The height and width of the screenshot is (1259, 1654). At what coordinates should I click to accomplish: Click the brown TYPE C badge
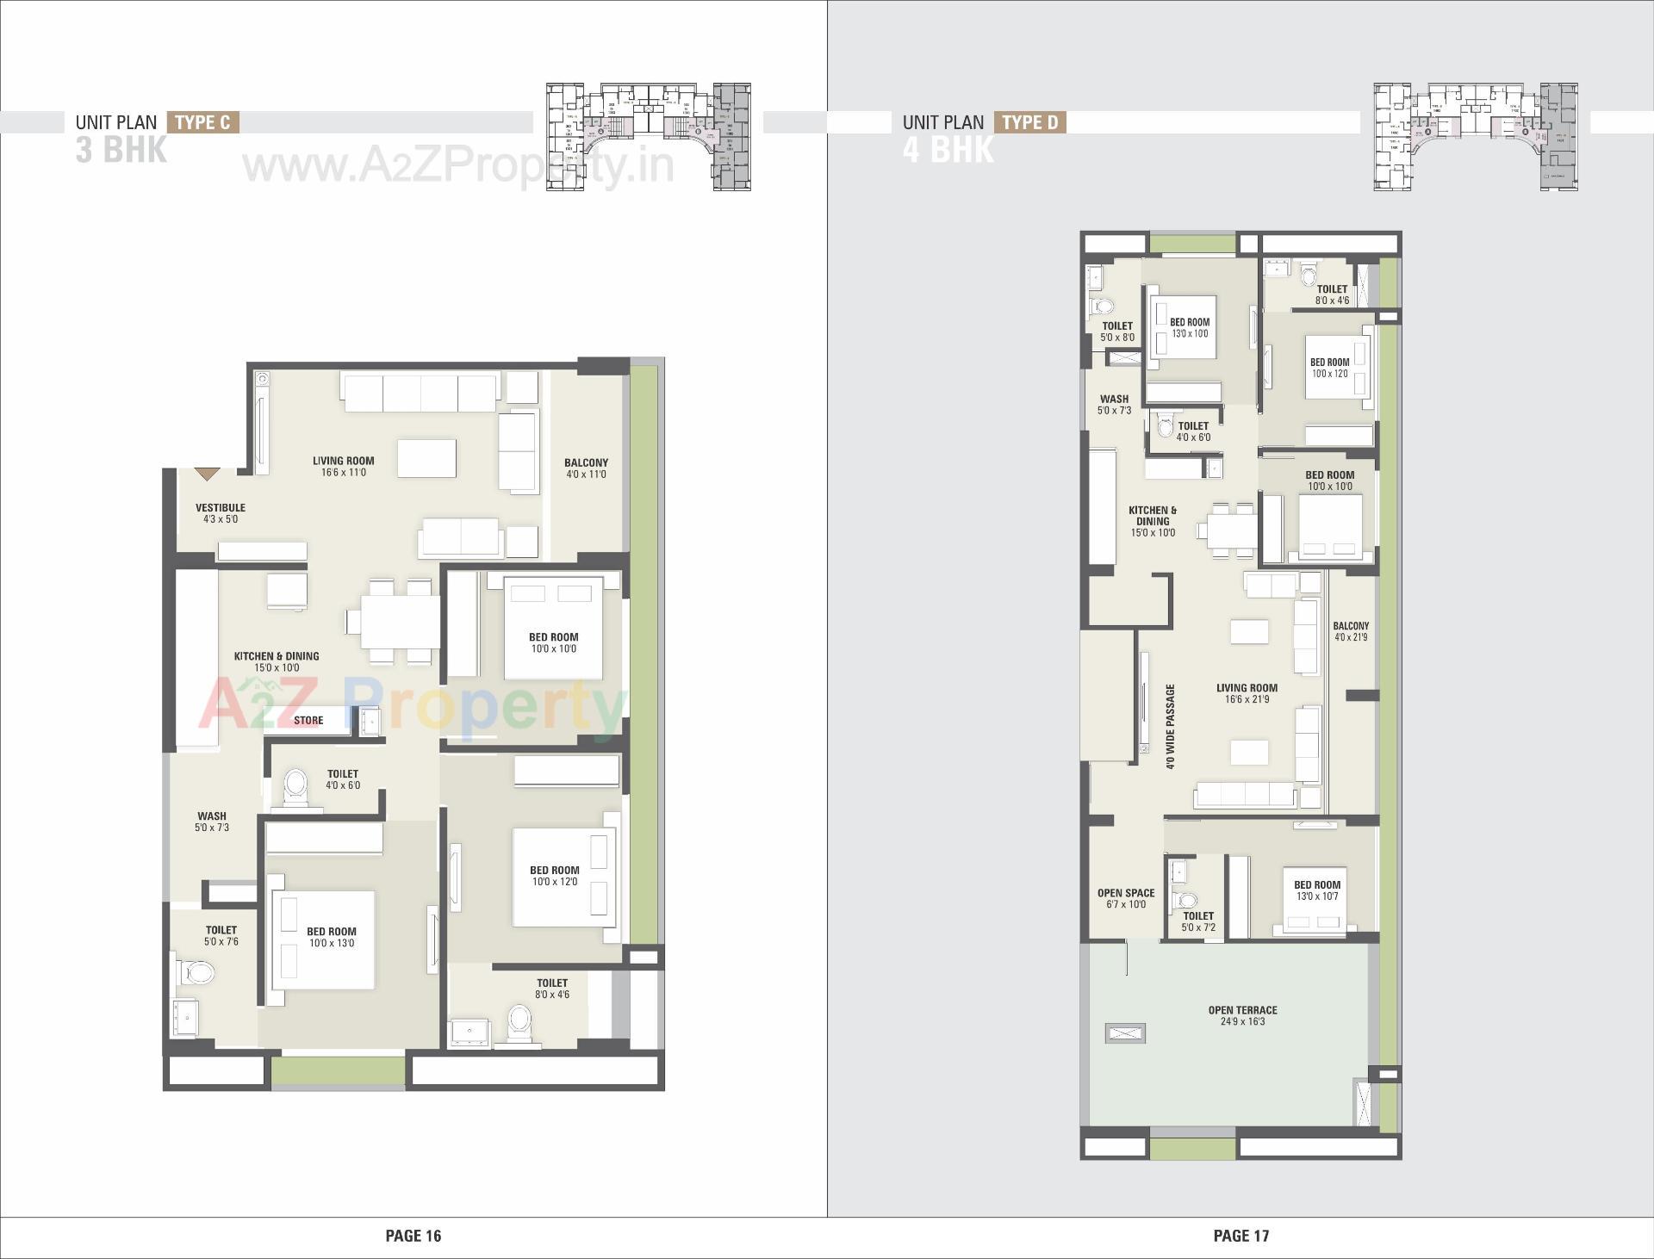(x=202, y=122)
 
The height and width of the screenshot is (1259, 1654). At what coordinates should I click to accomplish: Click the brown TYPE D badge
(x=1029, y=122)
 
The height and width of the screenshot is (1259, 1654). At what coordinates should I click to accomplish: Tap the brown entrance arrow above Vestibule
(x=207, y=474)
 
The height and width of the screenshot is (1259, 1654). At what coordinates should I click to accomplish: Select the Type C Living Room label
(x=343, y=467)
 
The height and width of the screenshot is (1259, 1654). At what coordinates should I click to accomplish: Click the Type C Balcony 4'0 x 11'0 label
(x=586, y=468)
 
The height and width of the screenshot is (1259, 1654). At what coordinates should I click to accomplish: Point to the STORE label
(x=308, y=721)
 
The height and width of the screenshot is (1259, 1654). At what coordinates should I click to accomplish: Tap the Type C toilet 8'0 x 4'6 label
(x=552, y=989)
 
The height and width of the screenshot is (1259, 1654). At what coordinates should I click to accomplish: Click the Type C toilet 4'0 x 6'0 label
(x=343, y=779)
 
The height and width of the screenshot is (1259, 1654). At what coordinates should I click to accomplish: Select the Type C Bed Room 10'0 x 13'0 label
(x=331, y=937)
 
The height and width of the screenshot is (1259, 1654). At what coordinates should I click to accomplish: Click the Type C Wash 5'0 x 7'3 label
(x=212, y=822)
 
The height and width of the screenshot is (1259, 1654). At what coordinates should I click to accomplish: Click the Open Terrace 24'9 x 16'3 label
(x=1242, y=1016)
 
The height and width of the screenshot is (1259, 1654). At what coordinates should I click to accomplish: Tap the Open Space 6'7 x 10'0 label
(x=1125, y=898)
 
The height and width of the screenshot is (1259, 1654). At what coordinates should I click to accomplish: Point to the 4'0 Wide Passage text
(x=1170, y=727)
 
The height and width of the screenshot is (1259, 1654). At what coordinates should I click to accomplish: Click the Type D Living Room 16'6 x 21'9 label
(x=1247, y=693)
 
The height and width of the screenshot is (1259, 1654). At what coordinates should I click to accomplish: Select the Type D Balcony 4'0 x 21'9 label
(x=1350, y=632)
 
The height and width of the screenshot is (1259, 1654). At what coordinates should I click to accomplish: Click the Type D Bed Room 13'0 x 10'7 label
(x=1316, y=890)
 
